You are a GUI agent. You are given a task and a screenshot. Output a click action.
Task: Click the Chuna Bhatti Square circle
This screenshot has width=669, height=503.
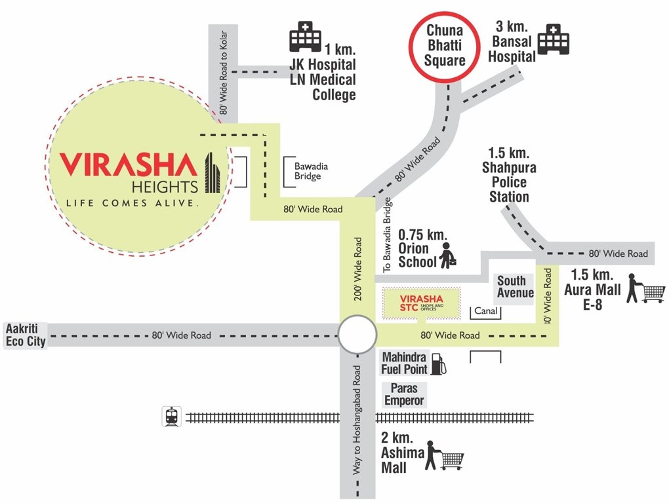point(445,45)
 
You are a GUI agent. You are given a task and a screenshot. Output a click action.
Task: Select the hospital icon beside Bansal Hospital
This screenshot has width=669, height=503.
point(553,40)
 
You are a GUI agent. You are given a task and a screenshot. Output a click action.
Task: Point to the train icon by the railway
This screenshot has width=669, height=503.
point(172,417)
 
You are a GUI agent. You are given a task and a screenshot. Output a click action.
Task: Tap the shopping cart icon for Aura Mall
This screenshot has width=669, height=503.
point(646,289)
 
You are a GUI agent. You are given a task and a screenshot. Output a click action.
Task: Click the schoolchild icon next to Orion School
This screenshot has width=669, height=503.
point(449,255)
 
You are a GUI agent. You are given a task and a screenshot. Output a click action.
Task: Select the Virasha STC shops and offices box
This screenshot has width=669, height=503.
point(422,303)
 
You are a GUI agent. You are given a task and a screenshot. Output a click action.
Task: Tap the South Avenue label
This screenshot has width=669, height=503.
point(515,287)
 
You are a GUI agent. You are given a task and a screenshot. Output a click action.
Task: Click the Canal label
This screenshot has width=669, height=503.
point(485,311)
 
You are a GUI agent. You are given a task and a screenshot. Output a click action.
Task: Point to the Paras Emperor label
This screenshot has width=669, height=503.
point(404,394)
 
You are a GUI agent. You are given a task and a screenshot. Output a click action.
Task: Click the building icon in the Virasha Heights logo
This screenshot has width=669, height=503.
point(212,173)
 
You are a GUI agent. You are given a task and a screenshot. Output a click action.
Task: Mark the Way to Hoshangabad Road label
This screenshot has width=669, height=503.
point(357,419)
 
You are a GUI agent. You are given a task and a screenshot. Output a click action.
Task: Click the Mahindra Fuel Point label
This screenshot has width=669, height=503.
point(404,363)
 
